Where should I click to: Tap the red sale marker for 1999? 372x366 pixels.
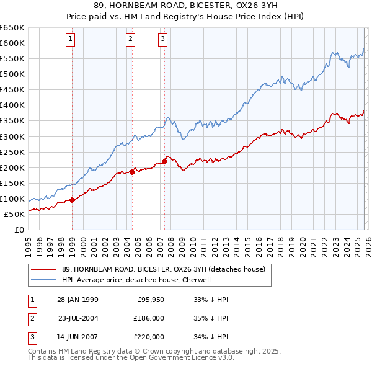click(x=73, y=200)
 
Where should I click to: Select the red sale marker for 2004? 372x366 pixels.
click(x=132, y=172)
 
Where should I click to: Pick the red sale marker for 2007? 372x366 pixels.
click(x=164, y=161)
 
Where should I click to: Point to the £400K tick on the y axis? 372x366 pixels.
click(x=12, y=105)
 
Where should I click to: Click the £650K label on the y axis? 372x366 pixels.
click(x=12, y=28)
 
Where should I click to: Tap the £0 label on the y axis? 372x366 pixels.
click(x=18, y=230)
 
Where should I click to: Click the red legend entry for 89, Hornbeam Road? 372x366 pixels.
click(x=163, y=269)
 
